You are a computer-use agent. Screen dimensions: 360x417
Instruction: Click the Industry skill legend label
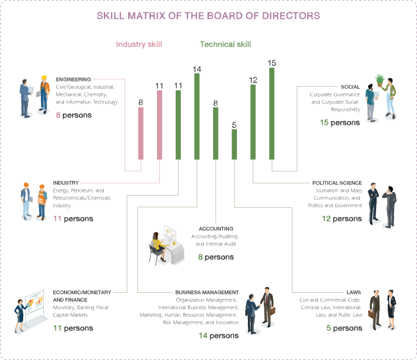[139, 45]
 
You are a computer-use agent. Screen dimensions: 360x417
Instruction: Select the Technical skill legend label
[225, 45]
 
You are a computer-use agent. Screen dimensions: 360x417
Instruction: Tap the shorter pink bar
[140, 133]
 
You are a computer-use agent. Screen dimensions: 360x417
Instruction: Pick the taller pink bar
[159, 125]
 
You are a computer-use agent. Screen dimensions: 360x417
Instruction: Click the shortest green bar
[234, 144]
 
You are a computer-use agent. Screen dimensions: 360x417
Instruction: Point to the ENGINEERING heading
[73, 79]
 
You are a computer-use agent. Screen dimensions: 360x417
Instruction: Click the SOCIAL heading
[350, 87]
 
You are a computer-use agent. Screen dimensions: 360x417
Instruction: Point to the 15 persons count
[340, 123]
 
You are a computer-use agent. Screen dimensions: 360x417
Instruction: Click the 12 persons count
[342, 218]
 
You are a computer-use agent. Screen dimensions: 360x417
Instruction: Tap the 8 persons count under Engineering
[74, 115]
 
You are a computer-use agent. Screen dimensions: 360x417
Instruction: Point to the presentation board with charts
[34, 304]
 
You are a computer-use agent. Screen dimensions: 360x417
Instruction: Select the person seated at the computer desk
[158, 244]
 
